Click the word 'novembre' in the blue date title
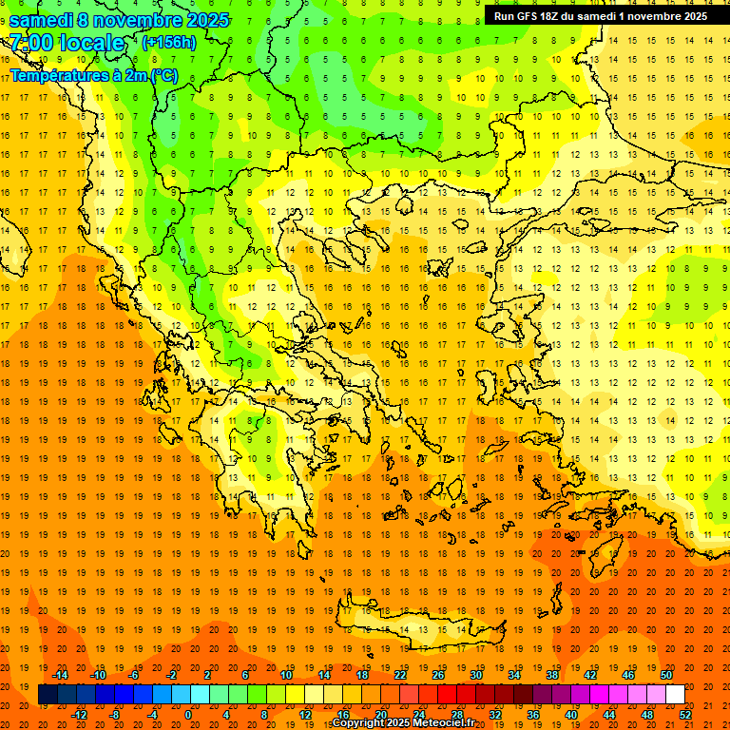[x=142, y=20]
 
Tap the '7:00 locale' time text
[x=67, y=43]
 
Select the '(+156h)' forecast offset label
[x=168, y=43]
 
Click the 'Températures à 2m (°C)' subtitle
[x=93, y=75]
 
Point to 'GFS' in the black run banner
[x=528, y=16]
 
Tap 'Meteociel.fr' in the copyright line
[x=444, y=723]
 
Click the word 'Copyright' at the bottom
[x=359, y=723]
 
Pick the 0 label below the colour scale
[x=188, y=714]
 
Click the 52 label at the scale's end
[x=685, y=714]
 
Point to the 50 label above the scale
[x=666, y=675]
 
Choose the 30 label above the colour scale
[x=475, y=675]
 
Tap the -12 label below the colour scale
[x=79, y=714]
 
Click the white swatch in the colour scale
[x=675, y=695]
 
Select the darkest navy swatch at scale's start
[x=48, y=695]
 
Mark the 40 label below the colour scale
[x=570, y=714]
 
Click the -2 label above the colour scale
[x=172, y=675]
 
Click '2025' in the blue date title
[x=206, y=20]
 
